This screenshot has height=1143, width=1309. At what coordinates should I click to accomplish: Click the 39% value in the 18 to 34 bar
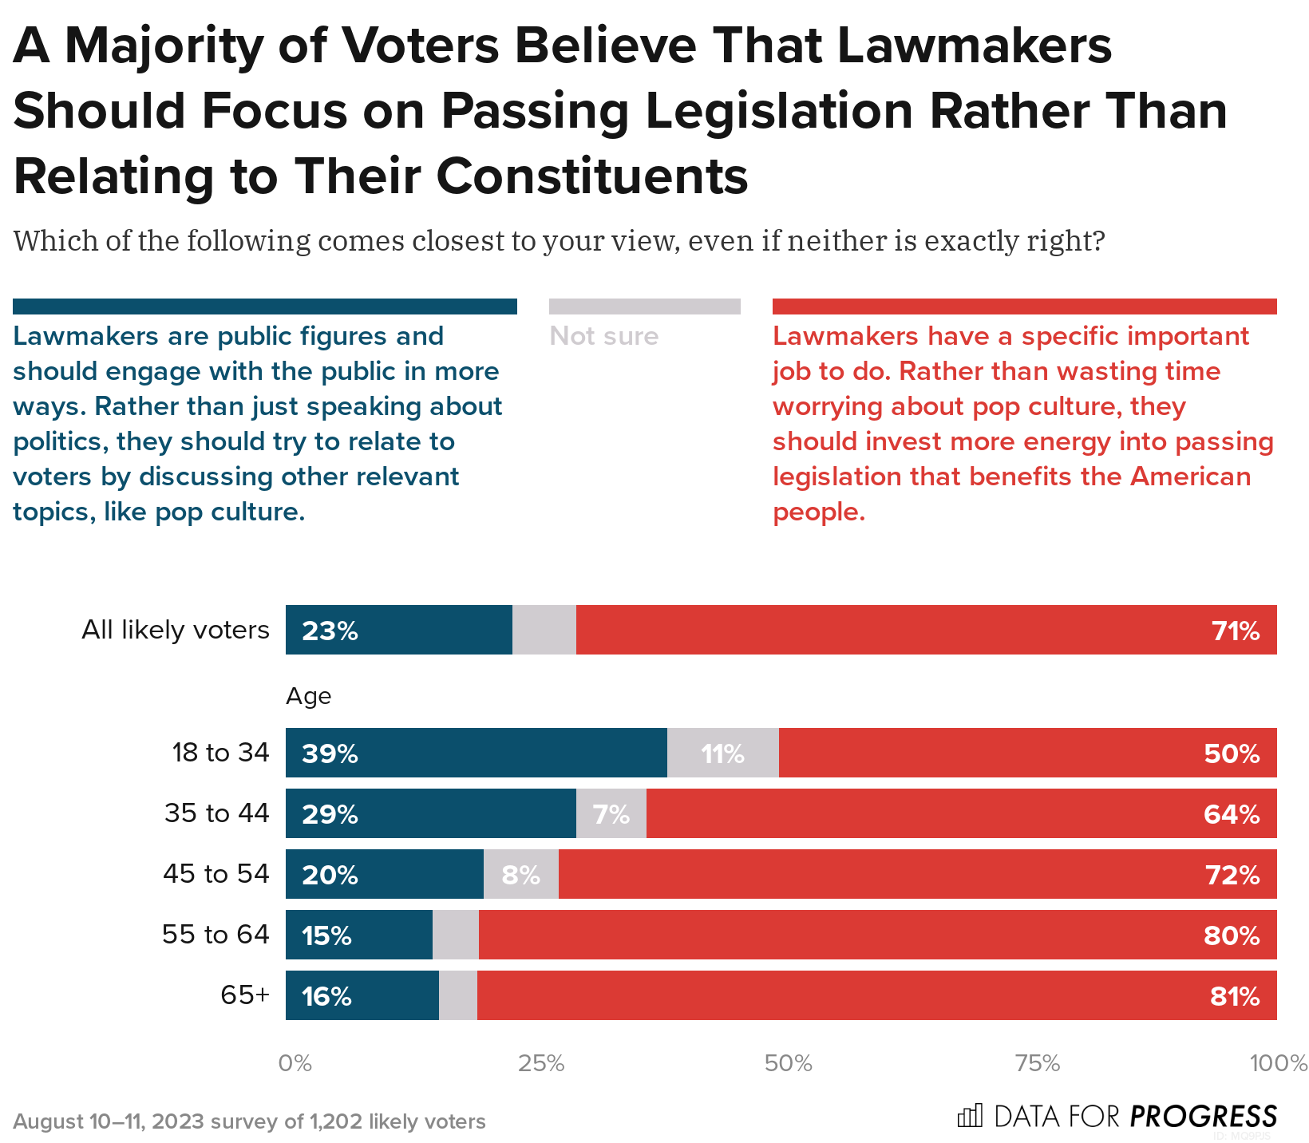tap(330, 753)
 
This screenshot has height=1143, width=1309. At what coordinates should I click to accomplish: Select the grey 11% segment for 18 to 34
tap(722, 753)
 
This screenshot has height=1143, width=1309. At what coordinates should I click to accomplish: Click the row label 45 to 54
tap(216, 874)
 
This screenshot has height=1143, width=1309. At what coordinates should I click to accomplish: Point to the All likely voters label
tap(176, 630)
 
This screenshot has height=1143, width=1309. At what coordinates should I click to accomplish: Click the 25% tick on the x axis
tap(542, 1063)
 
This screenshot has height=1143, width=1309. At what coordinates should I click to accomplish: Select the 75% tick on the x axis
tap(1037, 1063)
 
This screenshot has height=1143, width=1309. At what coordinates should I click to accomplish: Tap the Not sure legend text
tap(604, 336)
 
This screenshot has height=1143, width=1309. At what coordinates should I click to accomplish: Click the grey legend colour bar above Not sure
tap(644, 307)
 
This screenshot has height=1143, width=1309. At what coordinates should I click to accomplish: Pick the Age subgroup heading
tap(308, 696)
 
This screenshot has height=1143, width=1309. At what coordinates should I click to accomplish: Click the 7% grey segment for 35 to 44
tap(611, 814)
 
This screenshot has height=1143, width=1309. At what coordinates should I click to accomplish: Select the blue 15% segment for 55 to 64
tap(359, 935)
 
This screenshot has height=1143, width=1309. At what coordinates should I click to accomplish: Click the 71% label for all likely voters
tap(1236, 631)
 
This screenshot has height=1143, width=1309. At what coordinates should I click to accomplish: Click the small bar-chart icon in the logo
tap(970, 1116)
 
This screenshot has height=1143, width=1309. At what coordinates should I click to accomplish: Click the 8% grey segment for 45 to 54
tap(520, 875)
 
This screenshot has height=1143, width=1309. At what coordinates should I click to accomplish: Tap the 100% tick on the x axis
tap(1278, 1063)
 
